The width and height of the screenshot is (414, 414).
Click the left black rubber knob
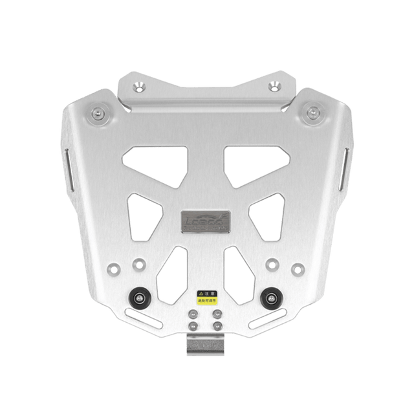pos(140,299)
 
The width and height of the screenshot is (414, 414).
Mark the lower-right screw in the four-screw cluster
pos(217,325)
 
